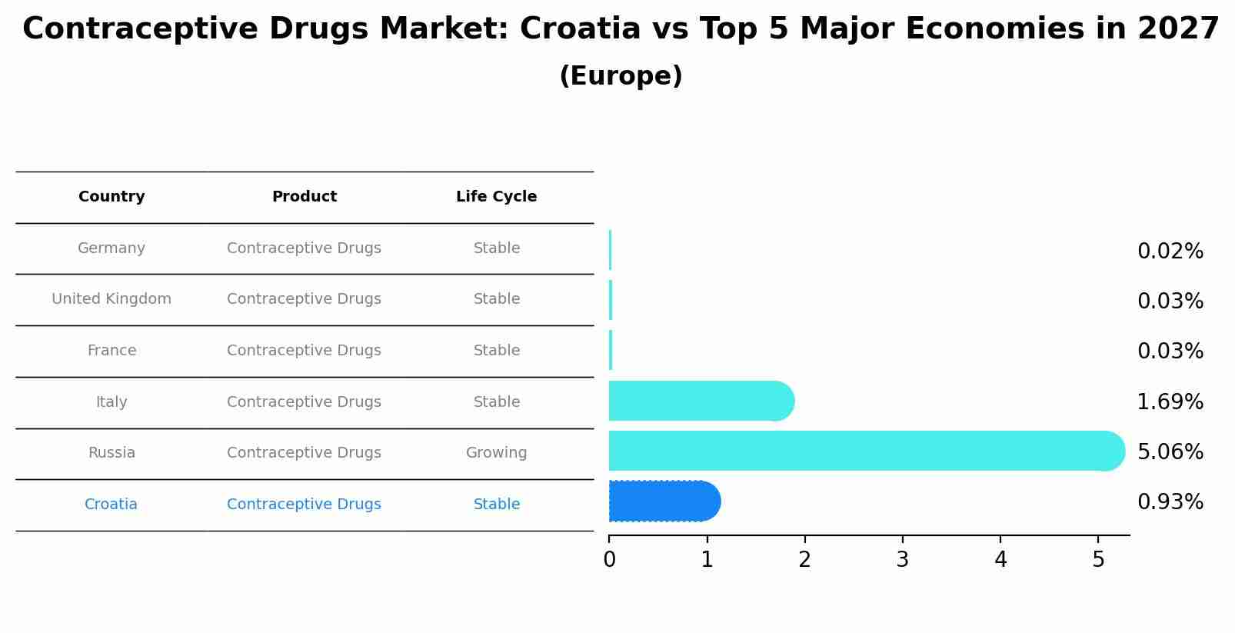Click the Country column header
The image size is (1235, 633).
point(112,197)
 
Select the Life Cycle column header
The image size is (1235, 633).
point(496,197)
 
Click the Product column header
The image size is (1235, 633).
point(304,197)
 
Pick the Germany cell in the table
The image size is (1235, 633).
point(112,248)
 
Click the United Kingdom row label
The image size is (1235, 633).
point(112,299)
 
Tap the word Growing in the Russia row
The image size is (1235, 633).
point(496,453)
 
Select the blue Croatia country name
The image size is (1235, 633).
point(111,505)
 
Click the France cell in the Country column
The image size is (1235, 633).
point(112,351)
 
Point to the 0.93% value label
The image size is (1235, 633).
point(1170,502)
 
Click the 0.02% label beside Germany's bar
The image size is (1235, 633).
point(1170,252)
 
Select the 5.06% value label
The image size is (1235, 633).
point(1170,451)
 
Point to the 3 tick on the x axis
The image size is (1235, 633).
point(902,560)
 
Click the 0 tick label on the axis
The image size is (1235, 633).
point(609,560)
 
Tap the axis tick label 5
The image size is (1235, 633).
point(1097,560)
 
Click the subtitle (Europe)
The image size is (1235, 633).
point(621,76)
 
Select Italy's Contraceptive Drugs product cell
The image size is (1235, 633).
point(304,402)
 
